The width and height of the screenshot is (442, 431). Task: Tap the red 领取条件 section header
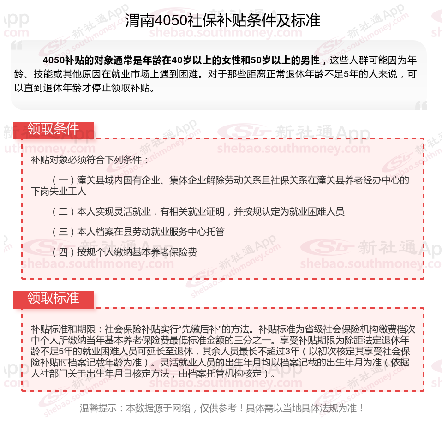tap(53, 129)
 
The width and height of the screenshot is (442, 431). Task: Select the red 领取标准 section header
tap(53, 298)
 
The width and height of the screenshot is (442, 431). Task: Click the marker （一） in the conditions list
tap(63, 180)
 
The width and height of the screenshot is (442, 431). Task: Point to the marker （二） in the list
tap(63, 212)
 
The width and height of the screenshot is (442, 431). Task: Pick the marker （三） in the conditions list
tap(63, 232)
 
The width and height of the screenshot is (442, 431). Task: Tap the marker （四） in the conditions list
tap(63, 252)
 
